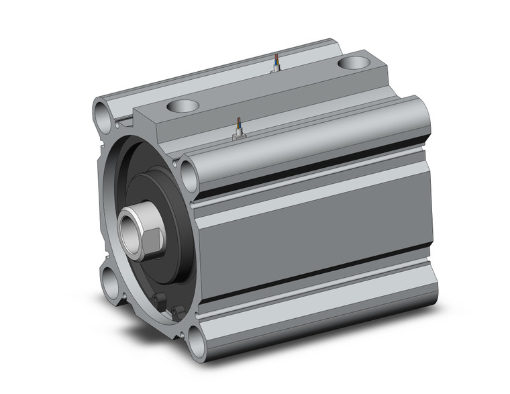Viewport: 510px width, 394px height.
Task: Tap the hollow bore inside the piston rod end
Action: [130, 225]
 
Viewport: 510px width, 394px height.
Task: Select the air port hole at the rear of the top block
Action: [354, 63]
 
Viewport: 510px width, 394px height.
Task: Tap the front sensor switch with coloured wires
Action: [238, 130]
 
